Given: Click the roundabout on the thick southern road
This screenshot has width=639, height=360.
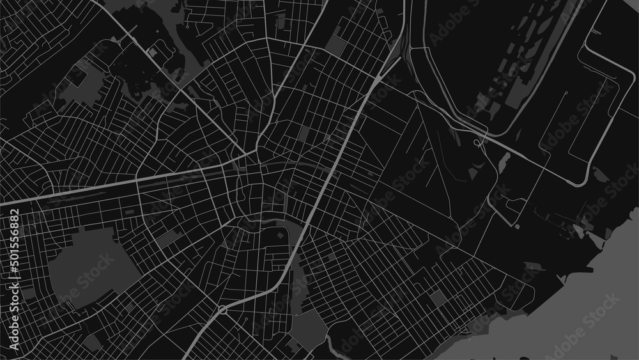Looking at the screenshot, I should pyautogui.click(x=222, y=310).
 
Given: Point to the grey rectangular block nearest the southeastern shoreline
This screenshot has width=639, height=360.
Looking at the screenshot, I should pyautogui.click(x=438, y=297).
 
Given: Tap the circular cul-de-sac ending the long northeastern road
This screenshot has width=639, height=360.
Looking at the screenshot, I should pyautogui.click(x=567, y=93).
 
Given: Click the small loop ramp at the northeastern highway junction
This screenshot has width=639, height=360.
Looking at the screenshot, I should pyautogui.click(x=477, y=142).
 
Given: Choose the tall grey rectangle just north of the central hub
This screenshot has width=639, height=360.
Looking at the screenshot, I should pyautogui.click(x=304, y=134).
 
